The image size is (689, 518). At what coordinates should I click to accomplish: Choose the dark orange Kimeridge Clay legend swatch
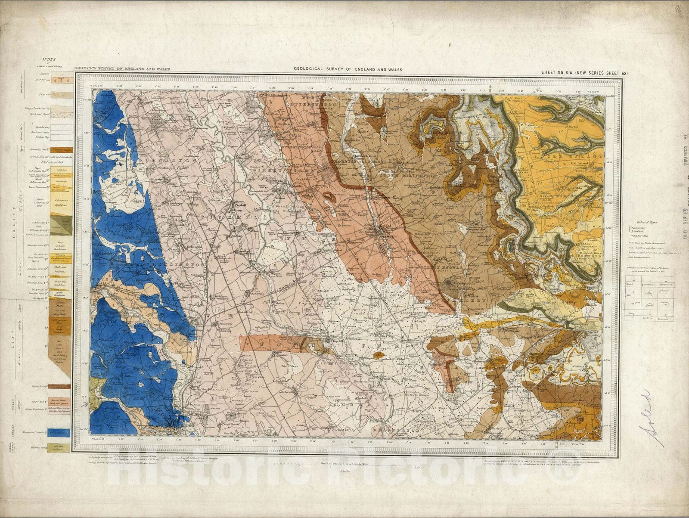(x=59, y=150)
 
